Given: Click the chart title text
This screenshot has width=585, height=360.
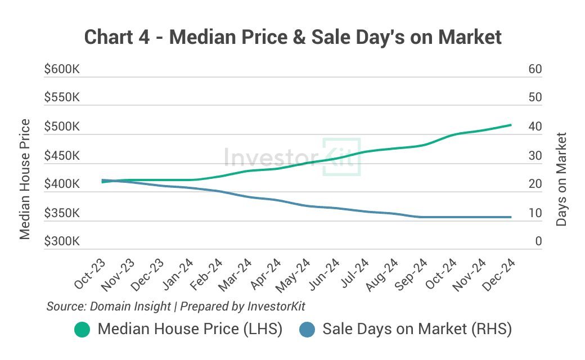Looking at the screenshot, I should click(x=292, y=38).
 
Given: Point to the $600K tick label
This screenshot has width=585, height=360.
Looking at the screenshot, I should click(x=62, y=69).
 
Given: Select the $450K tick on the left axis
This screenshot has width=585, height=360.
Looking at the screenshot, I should click(x=62, y=156).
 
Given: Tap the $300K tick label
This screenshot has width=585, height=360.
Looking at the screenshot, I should click(x=62, y=242).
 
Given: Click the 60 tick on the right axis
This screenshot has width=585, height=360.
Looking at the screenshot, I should click(x=535, y=69).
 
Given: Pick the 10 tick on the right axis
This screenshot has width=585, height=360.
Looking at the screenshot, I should click(x=535, y=213).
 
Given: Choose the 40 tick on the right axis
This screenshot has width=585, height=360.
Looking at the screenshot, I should click(x=535, y=127).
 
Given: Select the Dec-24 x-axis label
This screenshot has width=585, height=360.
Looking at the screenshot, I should click(x=499, y=274).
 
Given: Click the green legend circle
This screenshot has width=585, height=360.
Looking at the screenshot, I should click(x=82, y=330).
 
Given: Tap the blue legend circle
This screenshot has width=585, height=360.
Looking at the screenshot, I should click(x=307, y=330).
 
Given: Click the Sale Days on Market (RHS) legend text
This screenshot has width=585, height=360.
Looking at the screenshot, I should click(x=417, y=329).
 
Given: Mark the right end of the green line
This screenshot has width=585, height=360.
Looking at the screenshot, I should click(x=511, y=125).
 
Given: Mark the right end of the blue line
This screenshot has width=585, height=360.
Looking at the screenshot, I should click(x=511, y=217).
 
